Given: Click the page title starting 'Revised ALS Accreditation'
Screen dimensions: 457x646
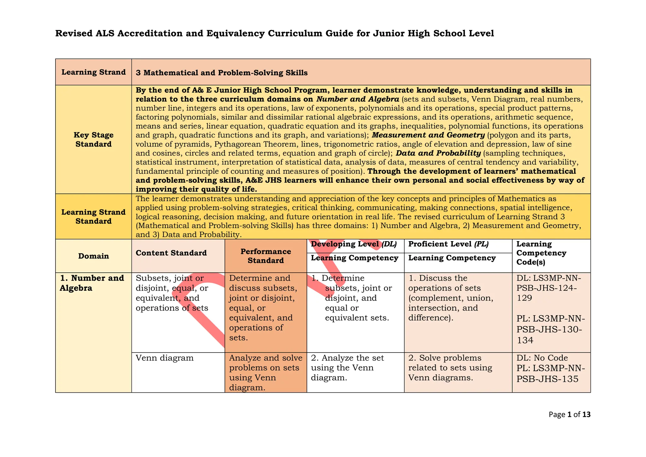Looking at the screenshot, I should [x=274, y=33].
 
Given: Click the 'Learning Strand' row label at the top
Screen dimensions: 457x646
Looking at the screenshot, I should [x=93, y=72].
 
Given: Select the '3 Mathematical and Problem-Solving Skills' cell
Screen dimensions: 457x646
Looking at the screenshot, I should [x=221, y=73].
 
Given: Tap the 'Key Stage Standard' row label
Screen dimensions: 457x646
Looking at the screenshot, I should [x=93, y=139].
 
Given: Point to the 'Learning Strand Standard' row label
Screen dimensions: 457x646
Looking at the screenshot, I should [x=93, y=217].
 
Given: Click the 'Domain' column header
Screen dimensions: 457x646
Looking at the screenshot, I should [x=93, y=256].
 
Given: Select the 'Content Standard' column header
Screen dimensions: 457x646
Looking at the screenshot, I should [x=171, y=253].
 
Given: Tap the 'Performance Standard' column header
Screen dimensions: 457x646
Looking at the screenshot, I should [x=266, y=256].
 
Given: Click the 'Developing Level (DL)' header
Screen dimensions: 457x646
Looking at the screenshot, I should [x=354, y=244].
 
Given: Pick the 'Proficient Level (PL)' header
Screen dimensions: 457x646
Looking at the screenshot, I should [x=448, y=244].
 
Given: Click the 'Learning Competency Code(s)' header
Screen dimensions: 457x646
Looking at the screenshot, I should [x=541, y=253].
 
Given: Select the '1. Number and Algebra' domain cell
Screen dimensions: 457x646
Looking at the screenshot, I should [x=92, y=283].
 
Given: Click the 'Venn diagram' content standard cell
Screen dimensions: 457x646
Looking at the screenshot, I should [x=164, y=358].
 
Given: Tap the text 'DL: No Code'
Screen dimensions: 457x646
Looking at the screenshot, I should [x=542, y=358].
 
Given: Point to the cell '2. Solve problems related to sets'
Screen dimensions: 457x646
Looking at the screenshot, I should [x=450, y=368].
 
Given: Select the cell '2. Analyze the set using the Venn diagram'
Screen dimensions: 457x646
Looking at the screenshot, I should [x=347, y=368].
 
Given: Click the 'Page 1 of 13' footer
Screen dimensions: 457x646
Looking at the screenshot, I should [x=569, y=414].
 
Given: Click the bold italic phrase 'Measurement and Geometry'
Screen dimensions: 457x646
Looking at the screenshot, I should [x=428, y=135].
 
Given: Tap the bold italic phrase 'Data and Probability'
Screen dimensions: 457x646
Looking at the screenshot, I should [x=438, y=153].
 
